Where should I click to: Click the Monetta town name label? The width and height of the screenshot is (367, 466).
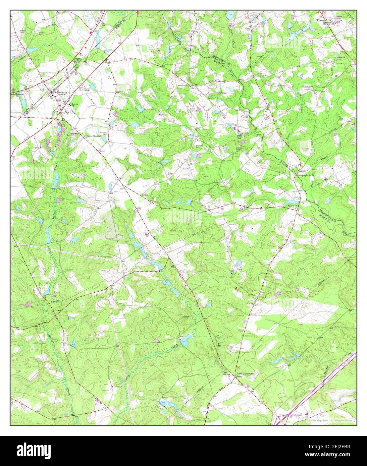[62, 92]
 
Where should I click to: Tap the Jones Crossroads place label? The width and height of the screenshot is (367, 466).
[248, 373]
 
